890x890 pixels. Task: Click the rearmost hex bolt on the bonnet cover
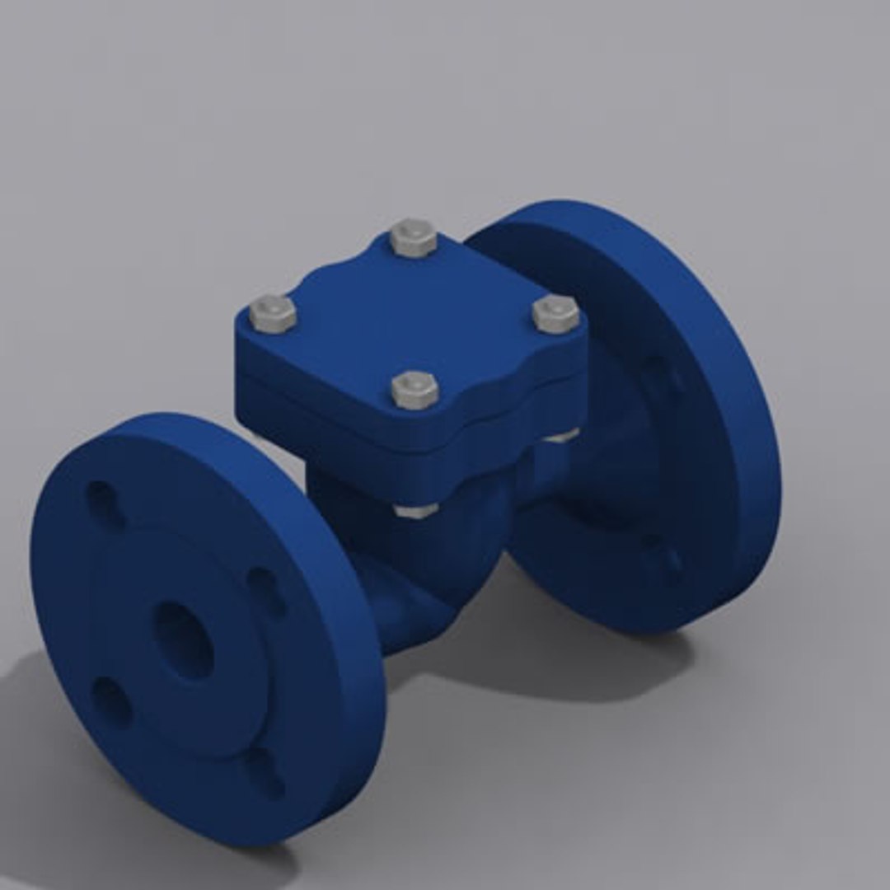tap(413, 237)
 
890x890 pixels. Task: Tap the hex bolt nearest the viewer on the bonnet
tap(415, 388)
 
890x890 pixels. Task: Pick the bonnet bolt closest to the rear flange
tap(555, 315)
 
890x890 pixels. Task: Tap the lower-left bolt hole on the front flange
tap(110, 701)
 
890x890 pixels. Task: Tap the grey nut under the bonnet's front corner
tap(415, 510)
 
